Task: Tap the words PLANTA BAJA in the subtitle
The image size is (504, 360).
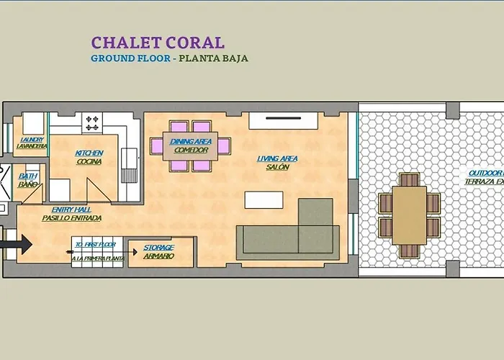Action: pos(215,58)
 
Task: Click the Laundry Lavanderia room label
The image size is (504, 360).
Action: pos(32,143)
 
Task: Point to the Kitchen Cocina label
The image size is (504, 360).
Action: pos(89,157)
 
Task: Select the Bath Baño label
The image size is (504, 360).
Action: pos(28,180)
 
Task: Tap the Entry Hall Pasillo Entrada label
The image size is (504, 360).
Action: pos(71,213)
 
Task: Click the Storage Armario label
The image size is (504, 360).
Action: pos(158,252)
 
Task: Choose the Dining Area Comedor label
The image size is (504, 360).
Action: pos(191,146)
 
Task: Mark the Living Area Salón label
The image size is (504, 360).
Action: pos(277,163)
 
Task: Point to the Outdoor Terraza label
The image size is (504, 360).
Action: pos(485,177)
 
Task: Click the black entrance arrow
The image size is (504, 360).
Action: pos(17,245)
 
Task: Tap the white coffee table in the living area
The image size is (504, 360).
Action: pos(264,199)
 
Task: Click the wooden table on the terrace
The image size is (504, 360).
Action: pos(409,215)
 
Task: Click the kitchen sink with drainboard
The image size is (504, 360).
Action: pos(129,166)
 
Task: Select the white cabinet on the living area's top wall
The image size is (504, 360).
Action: pos(283,120)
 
